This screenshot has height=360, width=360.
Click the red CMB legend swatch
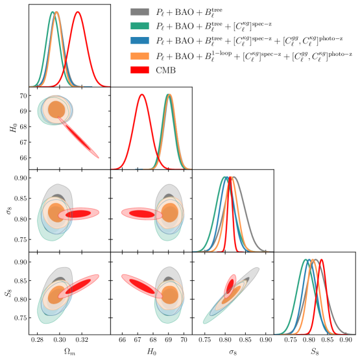(x=138, y=69)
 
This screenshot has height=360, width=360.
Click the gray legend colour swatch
(x=138, y=11)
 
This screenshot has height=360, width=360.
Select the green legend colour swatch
(x=138, y=25)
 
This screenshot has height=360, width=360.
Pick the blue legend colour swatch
(x=138, y=40)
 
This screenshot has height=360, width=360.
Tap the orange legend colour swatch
(x=138, y=54)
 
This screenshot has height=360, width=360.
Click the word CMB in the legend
(x=163, y=69)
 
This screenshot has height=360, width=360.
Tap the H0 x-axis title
(x=151, y=351)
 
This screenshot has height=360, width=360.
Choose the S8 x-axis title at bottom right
(x=315, y=351)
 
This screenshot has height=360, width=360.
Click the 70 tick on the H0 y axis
(x=22, y=95)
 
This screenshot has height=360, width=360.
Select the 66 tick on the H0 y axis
(x=22, y=158)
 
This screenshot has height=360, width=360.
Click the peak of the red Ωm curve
(x=78, y=12)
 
